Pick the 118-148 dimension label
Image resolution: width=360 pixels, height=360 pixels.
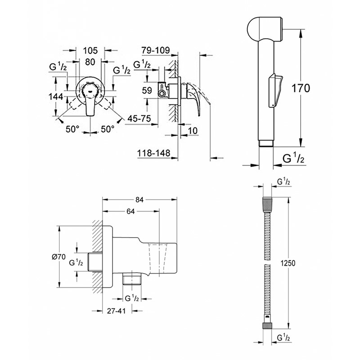[153, 154]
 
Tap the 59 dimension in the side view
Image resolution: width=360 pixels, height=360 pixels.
[147, 90]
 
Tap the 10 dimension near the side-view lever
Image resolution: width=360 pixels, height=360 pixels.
[193, 130]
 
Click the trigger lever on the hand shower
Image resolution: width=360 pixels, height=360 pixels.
[274, 90]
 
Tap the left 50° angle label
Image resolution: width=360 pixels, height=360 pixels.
[72, 129]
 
